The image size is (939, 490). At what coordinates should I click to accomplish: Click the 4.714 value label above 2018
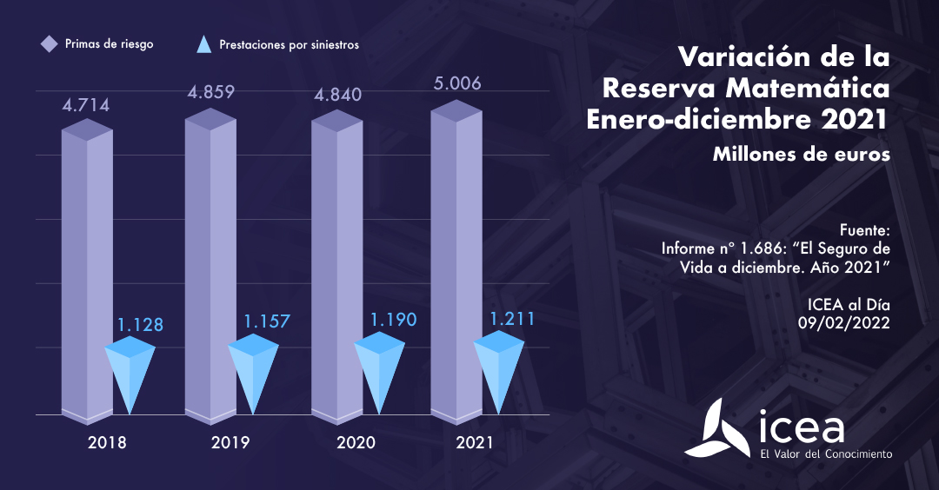pyautogui.click(x=85, y=106)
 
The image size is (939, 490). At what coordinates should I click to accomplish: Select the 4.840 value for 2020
pyautogui.click(x=336, y=95)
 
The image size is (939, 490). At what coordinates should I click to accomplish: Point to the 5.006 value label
pyautogui.click(x=456, y=83)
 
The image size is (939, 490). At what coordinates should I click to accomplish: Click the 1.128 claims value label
pyautogui.click(x=140, y=325)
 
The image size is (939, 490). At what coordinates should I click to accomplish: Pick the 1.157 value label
pyautogui.click(x=266, y=321)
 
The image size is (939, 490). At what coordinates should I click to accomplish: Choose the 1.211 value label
pyautogui.click(x=511, y=318)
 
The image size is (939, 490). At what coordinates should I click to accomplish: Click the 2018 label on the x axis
pyautogui.click(x=108, y=442)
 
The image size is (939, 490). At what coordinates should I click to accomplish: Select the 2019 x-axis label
pyautogui.click(x=230, y=442)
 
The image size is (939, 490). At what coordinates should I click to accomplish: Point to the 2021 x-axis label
pyautogui.click(x=475, y=442)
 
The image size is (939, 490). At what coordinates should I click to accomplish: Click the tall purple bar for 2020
pyautogui.click(x=336, y=269)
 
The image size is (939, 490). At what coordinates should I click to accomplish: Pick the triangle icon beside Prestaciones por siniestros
pyautogui.click(x=204, y=44)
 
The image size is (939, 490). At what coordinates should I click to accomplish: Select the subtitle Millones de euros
pyautogui.click(x=801, y=155)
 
